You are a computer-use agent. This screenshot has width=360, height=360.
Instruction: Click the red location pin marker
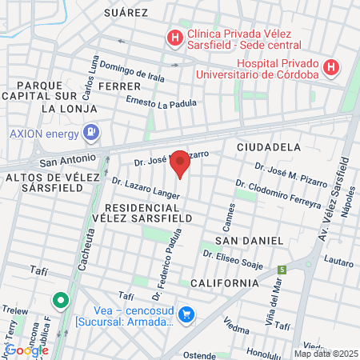(x=181, y=164)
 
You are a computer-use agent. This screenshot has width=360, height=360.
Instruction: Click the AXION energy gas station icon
(x=93, y=131)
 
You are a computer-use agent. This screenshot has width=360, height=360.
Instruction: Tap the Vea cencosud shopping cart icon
(x=186, y=315)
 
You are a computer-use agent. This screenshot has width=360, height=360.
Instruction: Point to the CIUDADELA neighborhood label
(x=269, y=147)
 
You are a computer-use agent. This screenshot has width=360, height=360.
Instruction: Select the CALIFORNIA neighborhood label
(x=225, y=282)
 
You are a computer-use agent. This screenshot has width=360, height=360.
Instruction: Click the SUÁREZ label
(x=126, y=13)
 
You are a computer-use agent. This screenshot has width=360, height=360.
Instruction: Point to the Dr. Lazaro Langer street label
(x=146, y=189)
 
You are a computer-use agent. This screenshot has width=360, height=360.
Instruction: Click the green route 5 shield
(x=282, y=269)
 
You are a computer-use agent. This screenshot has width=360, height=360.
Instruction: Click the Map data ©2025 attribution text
(x=325, y=353)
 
